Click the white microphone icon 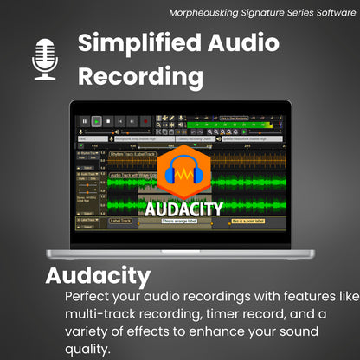(43, 58)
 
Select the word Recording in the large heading (141, 77)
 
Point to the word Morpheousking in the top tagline (216, 11)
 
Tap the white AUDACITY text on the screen (183, 209)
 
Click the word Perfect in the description (87, 297)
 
